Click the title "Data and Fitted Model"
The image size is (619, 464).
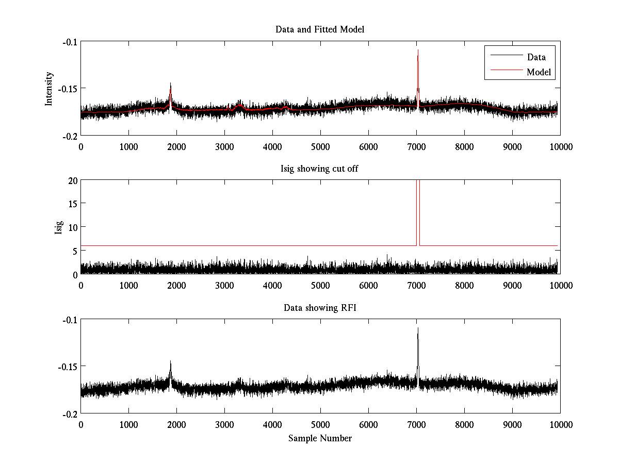(x=320, y=29)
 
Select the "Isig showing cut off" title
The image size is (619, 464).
(x=320, y=169)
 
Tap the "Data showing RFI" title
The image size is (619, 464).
(x=320, y=308)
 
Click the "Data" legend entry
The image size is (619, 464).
(x=536, y=57)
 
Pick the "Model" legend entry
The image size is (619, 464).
(x=539, y=72)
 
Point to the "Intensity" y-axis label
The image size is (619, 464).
(x=49, y=89)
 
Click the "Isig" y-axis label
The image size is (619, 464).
(x=58, y=227)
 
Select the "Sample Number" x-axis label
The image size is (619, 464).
(x=320, y=438)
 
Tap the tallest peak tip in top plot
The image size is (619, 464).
(x=418, y=50)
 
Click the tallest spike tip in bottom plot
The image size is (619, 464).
(x=418, y=328)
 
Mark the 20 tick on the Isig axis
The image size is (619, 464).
(x=71, y=180)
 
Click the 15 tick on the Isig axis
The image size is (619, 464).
(x=71, y=204)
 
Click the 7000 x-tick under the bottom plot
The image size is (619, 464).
(x=416, y=424)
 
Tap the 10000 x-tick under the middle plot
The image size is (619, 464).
(x=560, y=285)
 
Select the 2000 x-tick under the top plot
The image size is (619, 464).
(x=176, y=146)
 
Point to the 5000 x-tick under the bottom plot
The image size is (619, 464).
(x=320, y=424)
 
